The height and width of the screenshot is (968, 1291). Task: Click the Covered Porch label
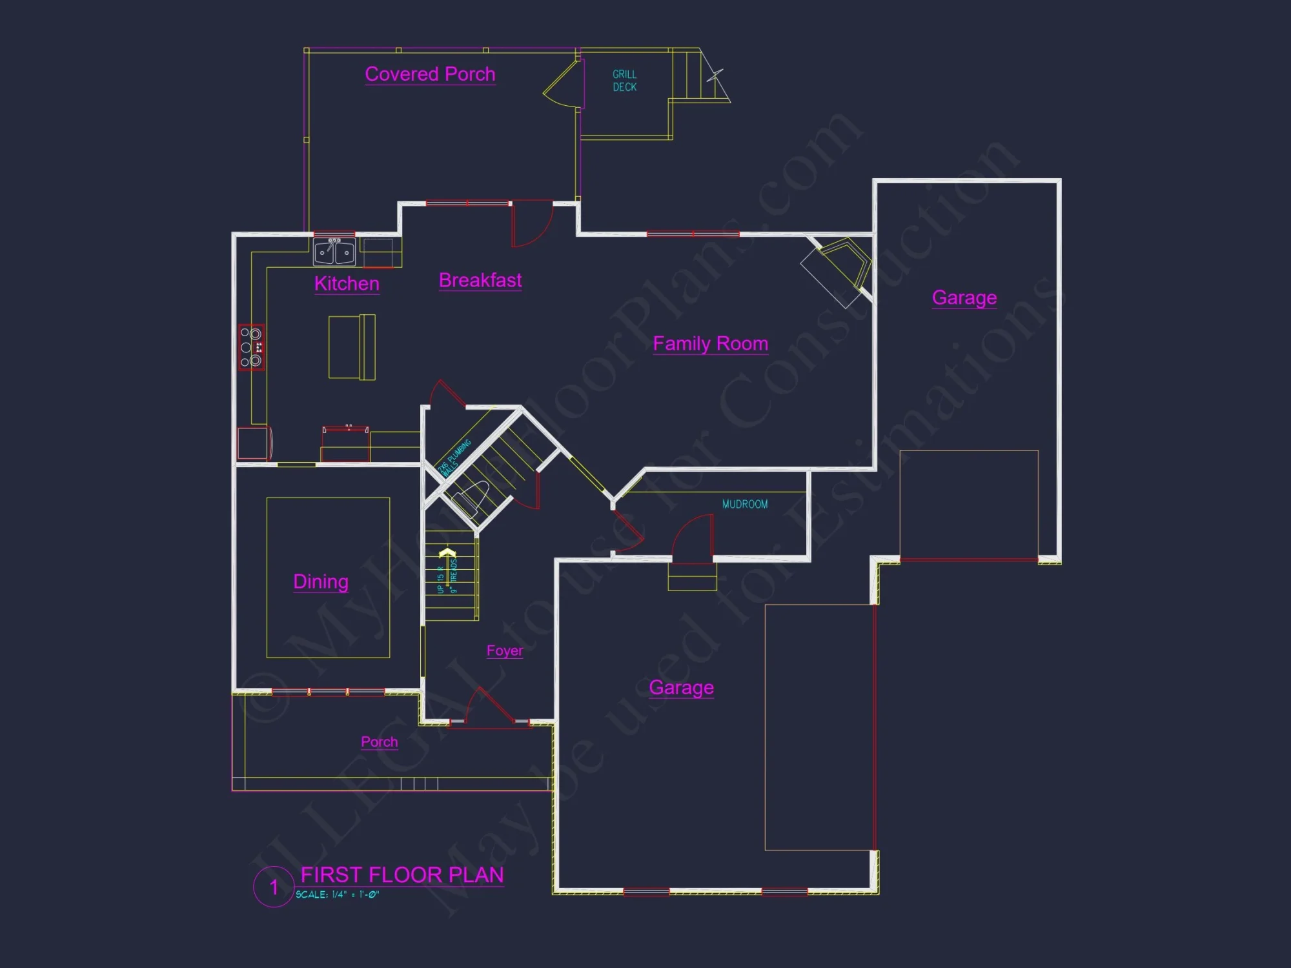[430, 74]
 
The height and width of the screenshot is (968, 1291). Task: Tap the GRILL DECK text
[624, 81]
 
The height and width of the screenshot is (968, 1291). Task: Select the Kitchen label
[347, 283]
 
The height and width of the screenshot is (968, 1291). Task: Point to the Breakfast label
[480, 280]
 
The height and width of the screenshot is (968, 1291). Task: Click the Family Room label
[710, 343]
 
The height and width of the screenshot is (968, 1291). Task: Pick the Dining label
[321, 581]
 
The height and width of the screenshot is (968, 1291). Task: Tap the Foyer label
[505, 650]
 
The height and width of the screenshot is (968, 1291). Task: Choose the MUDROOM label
[745, 504]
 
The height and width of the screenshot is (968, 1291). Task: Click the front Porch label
[379, 741]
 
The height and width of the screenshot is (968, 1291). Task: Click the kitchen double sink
[334, 252]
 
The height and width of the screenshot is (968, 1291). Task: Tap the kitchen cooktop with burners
[251, 347]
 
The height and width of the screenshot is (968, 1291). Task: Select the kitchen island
[352, 347]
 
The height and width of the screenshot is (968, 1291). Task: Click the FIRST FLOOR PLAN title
[402, 875]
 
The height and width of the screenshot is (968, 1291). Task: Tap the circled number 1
[274, 887]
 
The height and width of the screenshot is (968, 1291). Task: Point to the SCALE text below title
[337, 894]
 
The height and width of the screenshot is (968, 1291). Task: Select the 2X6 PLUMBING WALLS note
[455, 458]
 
